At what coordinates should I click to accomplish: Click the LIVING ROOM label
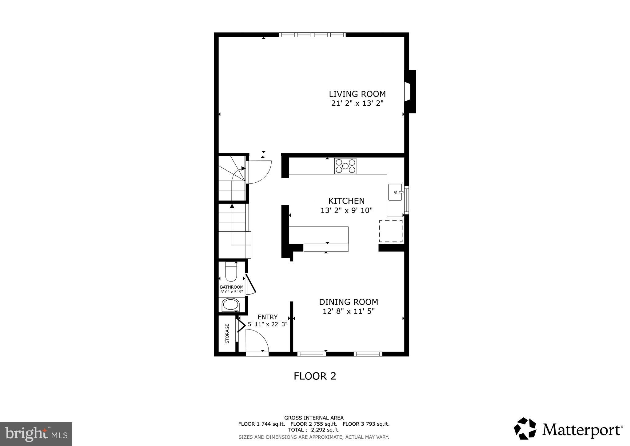pos(357,94)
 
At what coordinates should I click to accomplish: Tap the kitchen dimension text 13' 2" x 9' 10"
pos(346,211)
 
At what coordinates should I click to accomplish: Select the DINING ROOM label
pos(348,302)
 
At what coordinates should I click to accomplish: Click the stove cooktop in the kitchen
pos(345,166)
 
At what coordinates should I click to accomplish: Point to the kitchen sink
pos(395,192)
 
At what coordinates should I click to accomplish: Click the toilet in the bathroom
pos(231,272)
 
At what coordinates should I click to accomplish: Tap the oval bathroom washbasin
pos(231,305)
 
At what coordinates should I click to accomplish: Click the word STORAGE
pos(227,334)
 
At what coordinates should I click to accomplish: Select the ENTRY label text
pos(267,317)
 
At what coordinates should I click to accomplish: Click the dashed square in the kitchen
pos(391,231)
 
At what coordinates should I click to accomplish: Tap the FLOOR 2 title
pos(315,376)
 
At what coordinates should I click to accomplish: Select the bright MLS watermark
pos(36,434)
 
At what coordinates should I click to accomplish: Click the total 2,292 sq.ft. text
pos(313,430)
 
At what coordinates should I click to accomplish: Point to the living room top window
pos(312,35)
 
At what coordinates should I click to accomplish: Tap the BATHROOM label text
pos(231,287)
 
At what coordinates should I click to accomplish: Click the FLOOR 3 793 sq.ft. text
pos(366,424)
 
